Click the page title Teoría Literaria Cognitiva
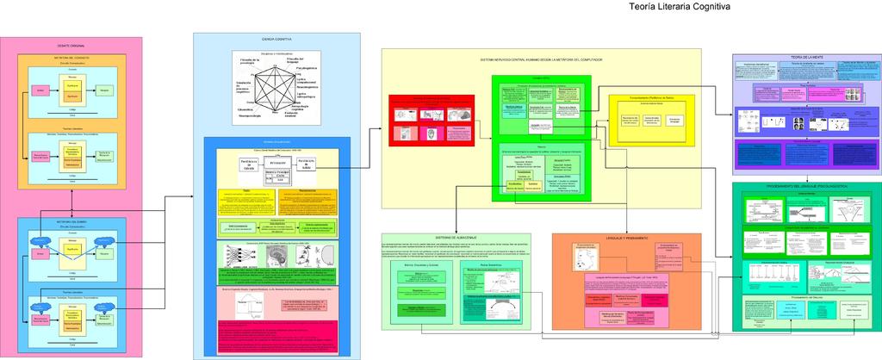coord(680,7)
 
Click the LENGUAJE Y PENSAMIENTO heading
coord(626,238)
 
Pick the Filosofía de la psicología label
coord(250,62)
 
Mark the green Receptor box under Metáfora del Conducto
coord(104,90)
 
